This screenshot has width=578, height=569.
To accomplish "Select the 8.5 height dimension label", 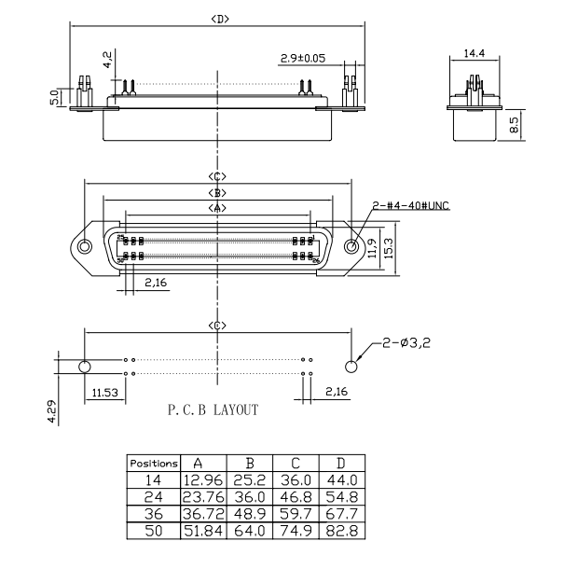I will point(514,124).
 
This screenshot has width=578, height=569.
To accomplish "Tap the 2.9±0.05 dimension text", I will point(303,59).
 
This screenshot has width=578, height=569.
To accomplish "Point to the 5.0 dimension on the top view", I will point(55,95).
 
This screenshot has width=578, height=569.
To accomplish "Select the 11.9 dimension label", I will point(372,247).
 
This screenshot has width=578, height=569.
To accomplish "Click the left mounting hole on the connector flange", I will point(85,247).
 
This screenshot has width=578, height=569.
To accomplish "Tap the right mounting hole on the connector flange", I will point(351,247).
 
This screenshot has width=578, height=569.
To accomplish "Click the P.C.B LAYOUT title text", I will point(213,409).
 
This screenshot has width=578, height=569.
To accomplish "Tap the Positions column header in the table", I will point(154,463).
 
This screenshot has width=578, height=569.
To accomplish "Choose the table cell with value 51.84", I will point(203,532).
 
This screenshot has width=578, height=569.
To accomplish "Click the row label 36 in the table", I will point(154,515).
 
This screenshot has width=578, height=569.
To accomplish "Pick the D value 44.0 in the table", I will point(341,480).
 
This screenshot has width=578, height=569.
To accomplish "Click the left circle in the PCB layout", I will point(85,366).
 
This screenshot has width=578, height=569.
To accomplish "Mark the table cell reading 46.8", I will point(295,497).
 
